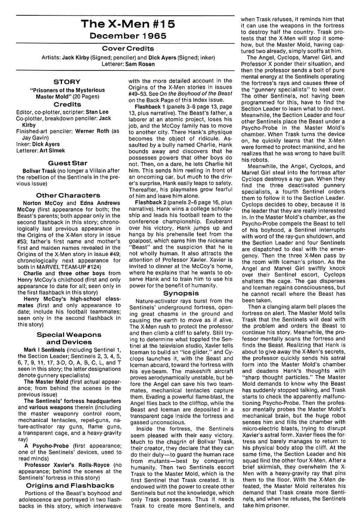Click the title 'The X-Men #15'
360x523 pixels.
128,24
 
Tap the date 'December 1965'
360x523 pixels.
128,36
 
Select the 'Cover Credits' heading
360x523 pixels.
128,49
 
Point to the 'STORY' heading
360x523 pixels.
67,82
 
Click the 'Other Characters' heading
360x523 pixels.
68,195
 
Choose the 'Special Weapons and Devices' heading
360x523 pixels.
69,338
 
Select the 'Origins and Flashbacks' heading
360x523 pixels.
70,485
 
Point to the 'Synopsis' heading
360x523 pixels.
181,293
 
